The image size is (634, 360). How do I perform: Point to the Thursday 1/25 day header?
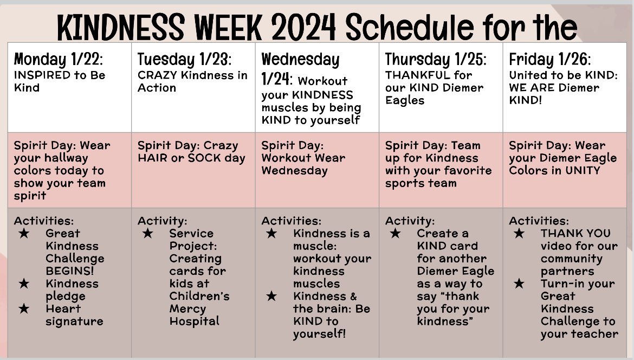[436, 59]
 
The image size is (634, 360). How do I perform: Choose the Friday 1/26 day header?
[550, 59]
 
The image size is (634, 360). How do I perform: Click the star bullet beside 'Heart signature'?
[24, 308]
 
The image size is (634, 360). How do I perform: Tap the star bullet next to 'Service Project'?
[147, 234]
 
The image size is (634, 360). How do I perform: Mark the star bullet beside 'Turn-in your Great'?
[519, 284]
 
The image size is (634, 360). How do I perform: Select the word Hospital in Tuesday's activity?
[194, 321]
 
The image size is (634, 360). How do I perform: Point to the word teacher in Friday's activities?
[594, 333]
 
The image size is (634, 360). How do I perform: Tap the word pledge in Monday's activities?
[66, 296]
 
